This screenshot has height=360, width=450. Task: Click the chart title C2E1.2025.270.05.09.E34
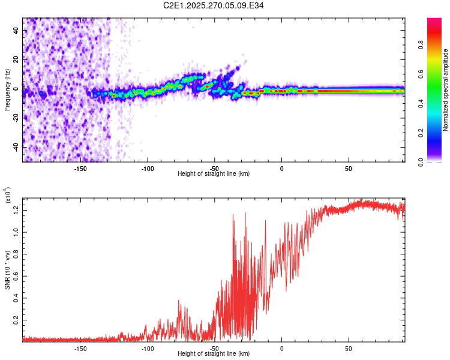[214, 5]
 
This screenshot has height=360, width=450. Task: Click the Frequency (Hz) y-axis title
[7, 89]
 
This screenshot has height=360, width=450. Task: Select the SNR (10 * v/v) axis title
[7, 270]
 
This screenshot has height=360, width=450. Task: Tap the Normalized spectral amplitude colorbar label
[446, 90]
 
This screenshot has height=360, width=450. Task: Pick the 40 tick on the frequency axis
[15, 31]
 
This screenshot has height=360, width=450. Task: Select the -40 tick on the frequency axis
[15, 148]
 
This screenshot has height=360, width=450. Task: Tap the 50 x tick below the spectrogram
[349, 169]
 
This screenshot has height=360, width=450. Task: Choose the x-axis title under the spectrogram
[214, 174]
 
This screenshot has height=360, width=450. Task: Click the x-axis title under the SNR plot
[214, 354]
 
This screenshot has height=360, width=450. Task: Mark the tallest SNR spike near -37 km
[232, 214]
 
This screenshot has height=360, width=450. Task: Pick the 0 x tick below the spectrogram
[281, 169]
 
